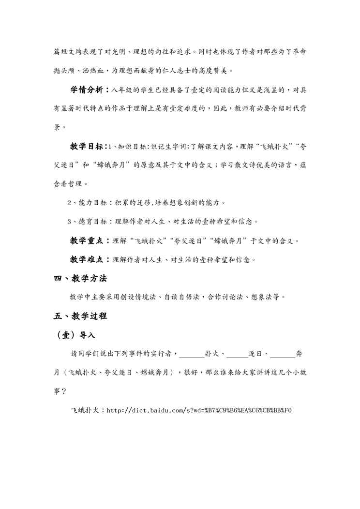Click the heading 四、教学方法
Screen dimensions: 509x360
80,279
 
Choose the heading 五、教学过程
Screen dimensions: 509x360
80,316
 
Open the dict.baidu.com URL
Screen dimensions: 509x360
199,410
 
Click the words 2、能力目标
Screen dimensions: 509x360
86,202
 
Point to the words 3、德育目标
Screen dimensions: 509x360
86,222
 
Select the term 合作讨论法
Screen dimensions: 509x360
227,297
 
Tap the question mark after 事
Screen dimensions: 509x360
64,392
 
